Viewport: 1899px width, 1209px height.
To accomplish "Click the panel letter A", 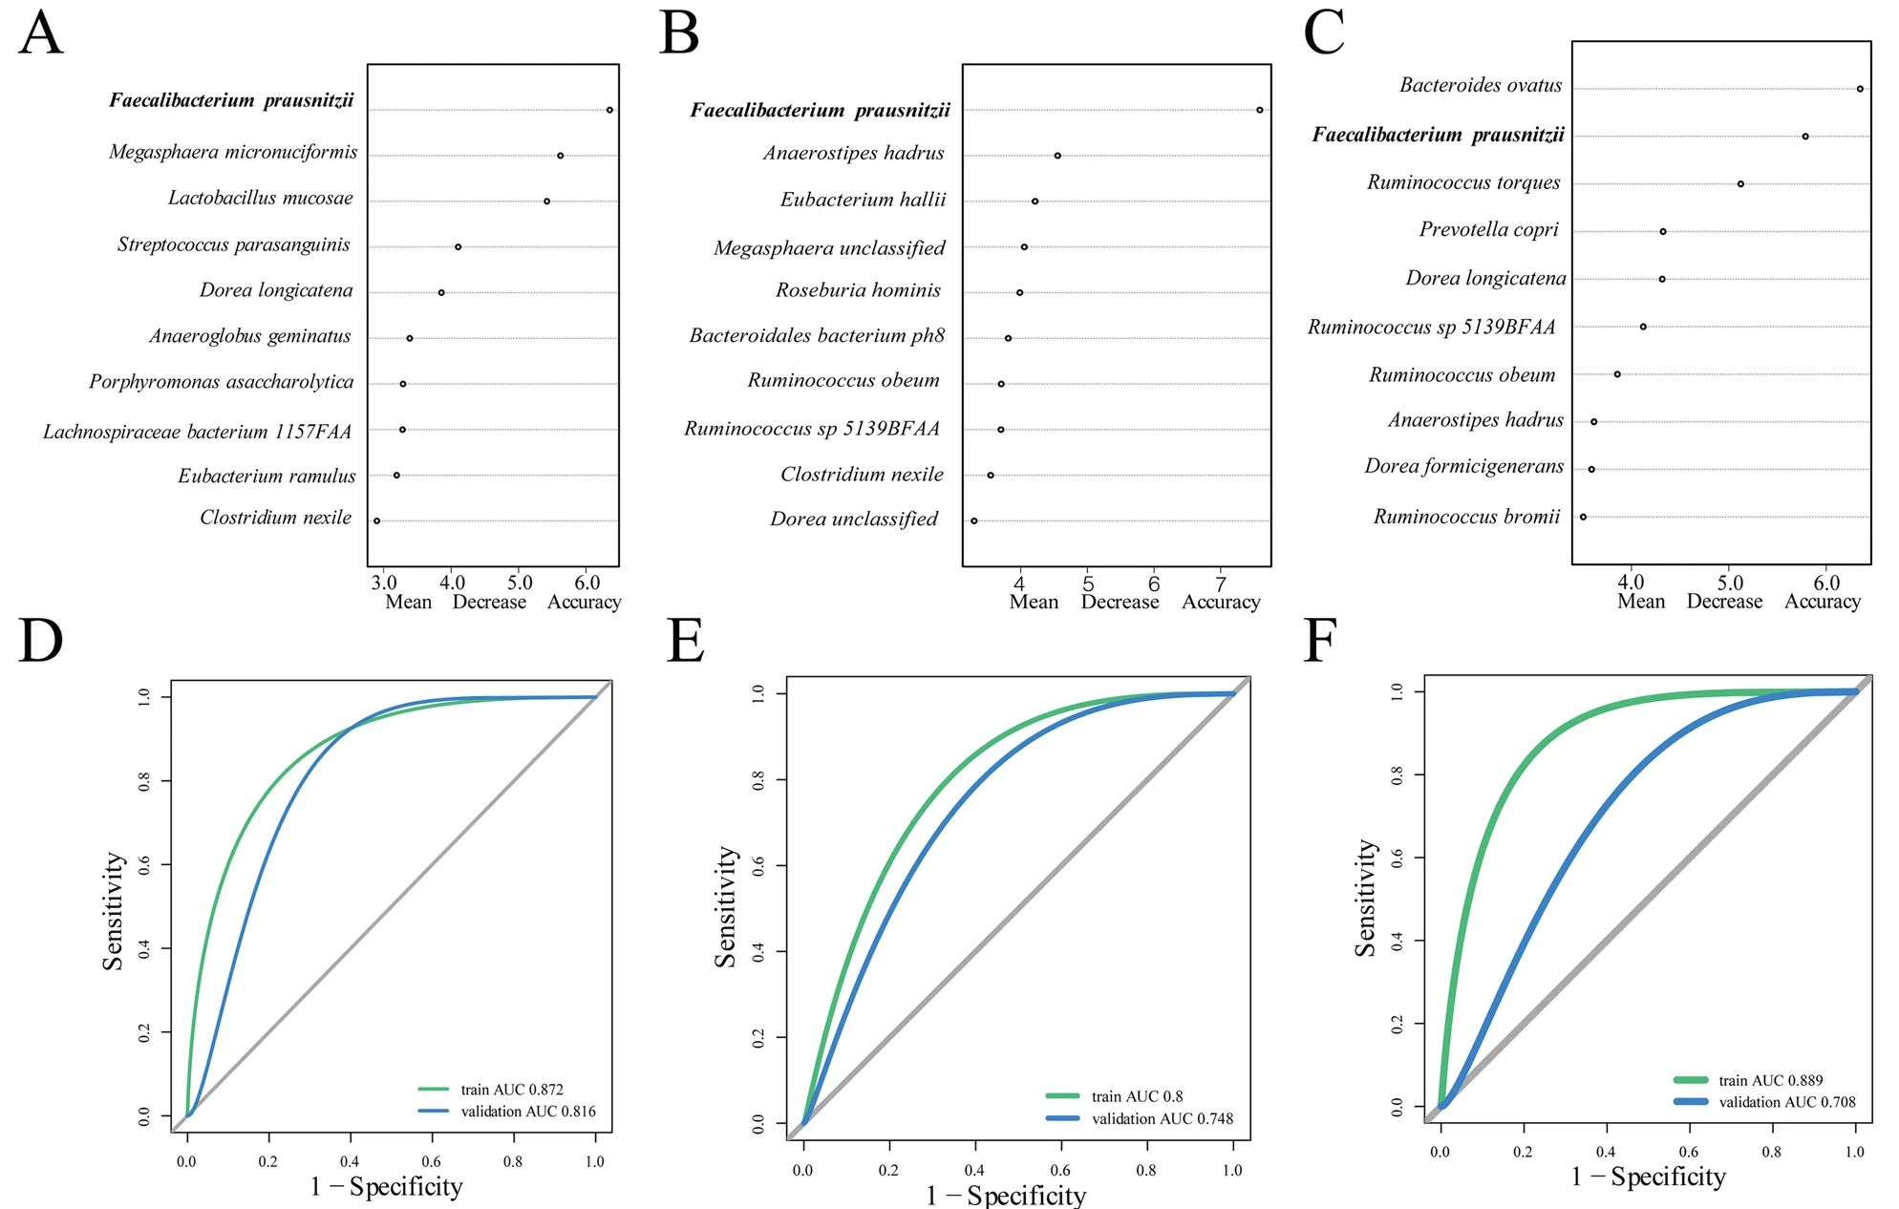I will point(40,34).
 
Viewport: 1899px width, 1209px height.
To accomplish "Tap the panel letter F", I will point(1319,641).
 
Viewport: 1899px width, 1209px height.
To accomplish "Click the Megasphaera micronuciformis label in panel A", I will point(233,153).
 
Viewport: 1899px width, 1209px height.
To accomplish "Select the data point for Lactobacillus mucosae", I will point(546,201).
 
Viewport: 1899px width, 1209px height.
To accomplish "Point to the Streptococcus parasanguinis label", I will point(234,245).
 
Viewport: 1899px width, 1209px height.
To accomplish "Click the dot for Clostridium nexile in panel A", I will point(376,521).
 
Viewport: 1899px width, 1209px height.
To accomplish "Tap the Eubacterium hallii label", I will point(863,201).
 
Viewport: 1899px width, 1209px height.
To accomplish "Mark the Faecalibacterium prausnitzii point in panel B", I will point(1260,110).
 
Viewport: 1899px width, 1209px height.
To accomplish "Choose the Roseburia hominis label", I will point(858,290).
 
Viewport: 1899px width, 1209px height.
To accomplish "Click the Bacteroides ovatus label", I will point(1481,86).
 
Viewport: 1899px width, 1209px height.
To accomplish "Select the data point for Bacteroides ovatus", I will point(1860,89).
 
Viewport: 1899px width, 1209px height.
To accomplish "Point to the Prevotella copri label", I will point(1488,230).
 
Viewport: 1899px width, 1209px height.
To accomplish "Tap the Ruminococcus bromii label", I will point(1466,518).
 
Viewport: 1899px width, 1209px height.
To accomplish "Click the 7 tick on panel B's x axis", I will point(1220,583).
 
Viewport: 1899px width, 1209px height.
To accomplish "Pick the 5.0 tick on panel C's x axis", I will point(1729,583).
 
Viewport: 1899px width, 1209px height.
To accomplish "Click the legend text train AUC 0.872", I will point(512,1090).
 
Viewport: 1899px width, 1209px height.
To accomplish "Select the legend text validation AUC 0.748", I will point(1163,1119).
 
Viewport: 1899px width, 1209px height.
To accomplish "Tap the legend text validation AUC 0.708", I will point(1786,1102).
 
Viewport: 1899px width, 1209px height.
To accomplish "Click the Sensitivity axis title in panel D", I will point(113,911).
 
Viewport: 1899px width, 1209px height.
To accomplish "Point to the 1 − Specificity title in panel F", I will point(1649,1177).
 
